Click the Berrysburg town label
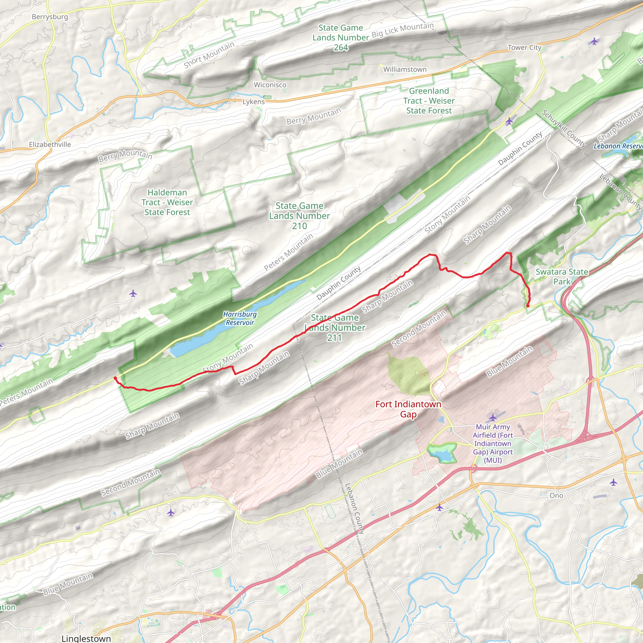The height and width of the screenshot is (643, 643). (50, 17)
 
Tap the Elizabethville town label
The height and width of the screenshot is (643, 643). (50, 144)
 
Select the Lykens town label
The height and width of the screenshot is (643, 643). (254, 102)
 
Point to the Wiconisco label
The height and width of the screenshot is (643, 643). (270, 85)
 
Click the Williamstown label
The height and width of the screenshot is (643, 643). (405, 69)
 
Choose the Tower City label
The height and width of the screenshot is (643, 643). (524, 48)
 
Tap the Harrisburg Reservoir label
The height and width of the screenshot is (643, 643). (240, 318)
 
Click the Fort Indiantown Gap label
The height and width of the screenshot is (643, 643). (408, 409)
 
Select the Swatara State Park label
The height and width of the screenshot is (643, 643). (561, 277)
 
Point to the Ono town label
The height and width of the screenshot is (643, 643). (556, 495)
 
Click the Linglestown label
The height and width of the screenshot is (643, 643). (86, 638)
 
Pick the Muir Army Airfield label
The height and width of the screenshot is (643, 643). (493, 443)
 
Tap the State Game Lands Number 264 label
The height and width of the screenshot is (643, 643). (340, 38)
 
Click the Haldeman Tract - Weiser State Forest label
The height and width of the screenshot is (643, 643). (167, 203)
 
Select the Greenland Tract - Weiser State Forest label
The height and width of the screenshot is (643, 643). (429, 101)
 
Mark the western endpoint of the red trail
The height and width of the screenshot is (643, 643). (115, 378)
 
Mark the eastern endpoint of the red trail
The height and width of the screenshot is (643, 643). (528, 305)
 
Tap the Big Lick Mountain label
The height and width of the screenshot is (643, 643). (403, 30)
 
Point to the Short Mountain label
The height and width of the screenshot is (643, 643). (209, 55)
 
